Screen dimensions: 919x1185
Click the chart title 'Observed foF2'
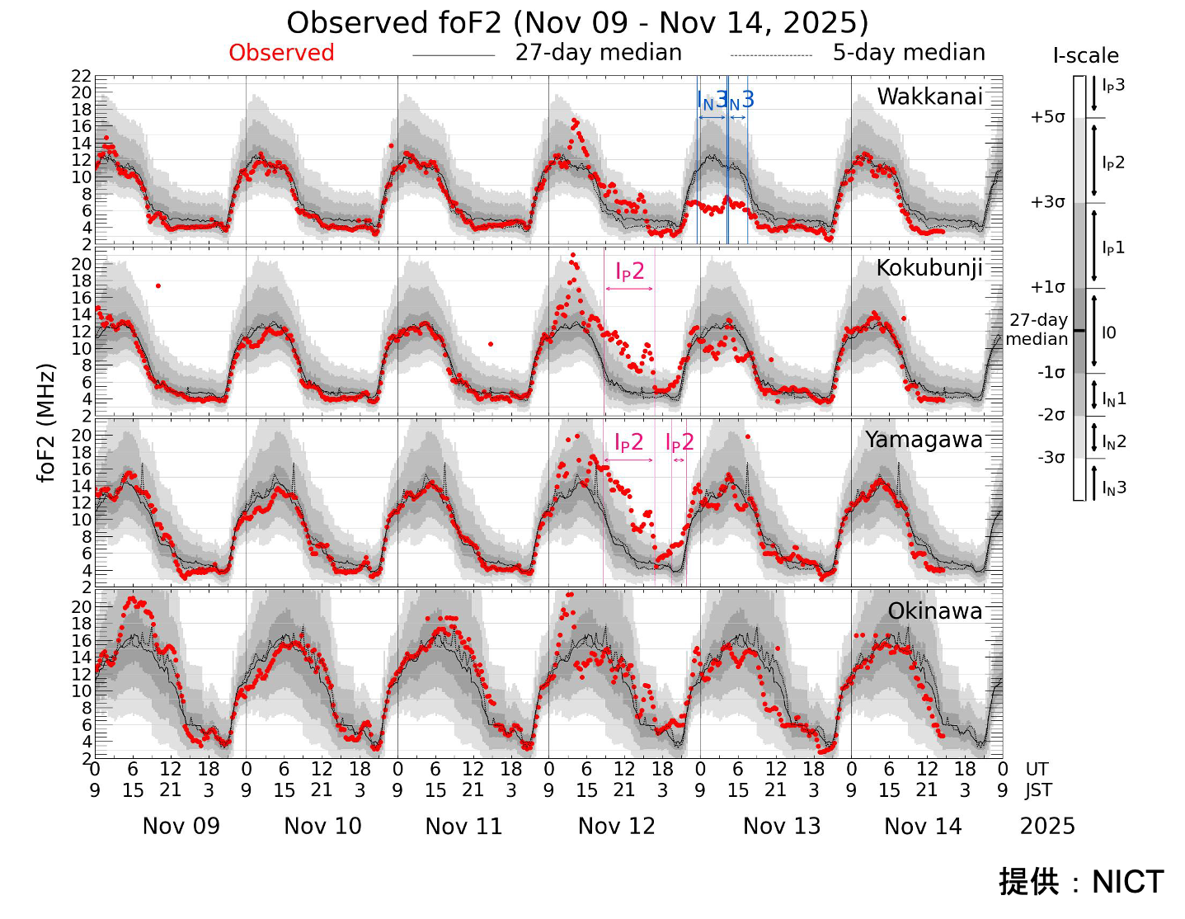tap(577, 22)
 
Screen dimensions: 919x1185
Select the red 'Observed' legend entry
tap(281, 53)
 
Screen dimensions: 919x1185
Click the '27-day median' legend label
tap(598, 53)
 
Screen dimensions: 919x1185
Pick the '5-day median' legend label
tap(909, 53)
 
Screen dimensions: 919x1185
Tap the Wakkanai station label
tap(929, 97)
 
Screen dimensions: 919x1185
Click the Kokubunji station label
tap(929, 268)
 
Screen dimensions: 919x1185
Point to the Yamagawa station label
tap(924, 440)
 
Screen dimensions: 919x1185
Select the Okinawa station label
tap(935, 611)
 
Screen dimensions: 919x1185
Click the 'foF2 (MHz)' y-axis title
tap(46, 422)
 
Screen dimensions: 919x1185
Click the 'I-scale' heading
tap(1085, 56)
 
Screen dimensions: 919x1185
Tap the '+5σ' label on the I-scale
tap(1047, 117)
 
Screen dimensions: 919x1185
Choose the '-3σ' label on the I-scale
tap(1051, 458)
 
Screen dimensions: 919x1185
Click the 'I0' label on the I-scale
tap(1109, 332)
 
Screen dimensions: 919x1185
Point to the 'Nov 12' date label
tap(616, 826)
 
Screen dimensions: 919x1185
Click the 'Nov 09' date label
tap(181, 826)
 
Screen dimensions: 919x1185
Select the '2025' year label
tap(1047, 826)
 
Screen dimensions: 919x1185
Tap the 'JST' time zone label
tap(1038, 790)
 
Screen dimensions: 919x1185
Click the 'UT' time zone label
tap(1037, 769)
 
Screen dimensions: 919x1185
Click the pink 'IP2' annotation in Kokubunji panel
tap(629, 271)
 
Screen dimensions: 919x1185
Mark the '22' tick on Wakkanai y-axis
tap(81, 76)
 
